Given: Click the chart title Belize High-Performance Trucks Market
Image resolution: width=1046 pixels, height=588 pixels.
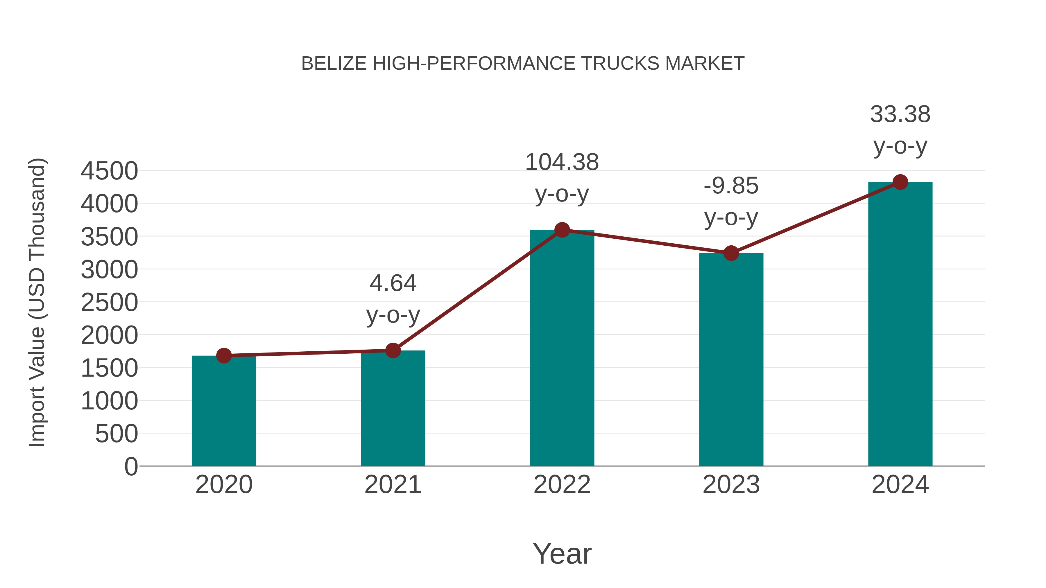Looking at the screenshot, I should (x=523, y=64).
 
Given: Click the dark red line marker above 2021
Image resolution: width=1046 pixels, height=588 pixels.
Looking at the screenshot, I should (x=393, y=350).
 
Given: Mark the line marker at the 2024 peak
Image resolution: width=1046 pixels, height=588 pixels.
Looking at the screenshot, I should (x=900, y=182).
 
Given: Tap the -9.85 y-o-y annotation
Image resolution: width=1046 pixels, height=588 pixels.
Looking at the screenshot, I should (x=731, y=202).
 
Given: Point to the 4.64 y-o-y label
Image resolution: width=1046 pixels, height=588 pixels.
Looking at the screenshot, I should (x=393, y=299).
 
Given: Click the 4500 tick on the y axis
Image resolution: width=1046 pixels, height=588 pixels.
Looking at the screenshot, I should (x=109, y=171).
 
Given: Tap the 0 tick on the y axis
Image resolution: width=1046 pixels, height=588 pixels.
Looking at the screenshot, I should (x=131, y=466).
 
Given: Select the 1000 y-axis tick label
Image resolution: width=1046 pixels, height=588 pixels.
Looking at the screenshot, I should (x=109, y=401).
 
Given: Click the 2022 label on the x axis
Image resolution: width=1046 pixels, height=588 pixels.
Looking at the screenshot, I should (x=562, y=485).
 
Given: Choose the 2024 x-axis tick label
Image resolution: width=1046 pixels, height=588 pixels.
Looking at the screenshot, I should (x=900, y=485).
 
